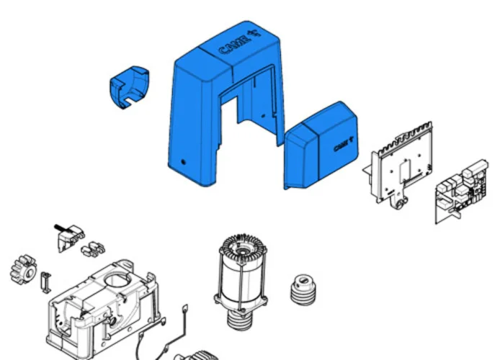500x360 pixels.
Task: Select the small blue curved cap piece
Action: [x=129, y=87]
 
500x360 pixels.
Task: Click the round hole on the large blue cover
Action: [x=183, y=162]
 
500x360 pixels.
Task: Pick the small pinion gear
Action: [x=24, y=270]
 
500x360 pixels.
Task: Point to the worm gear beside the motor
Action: [x=303, y=290]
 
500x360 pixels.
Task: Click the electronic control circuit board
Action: [x=461, y=192]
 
